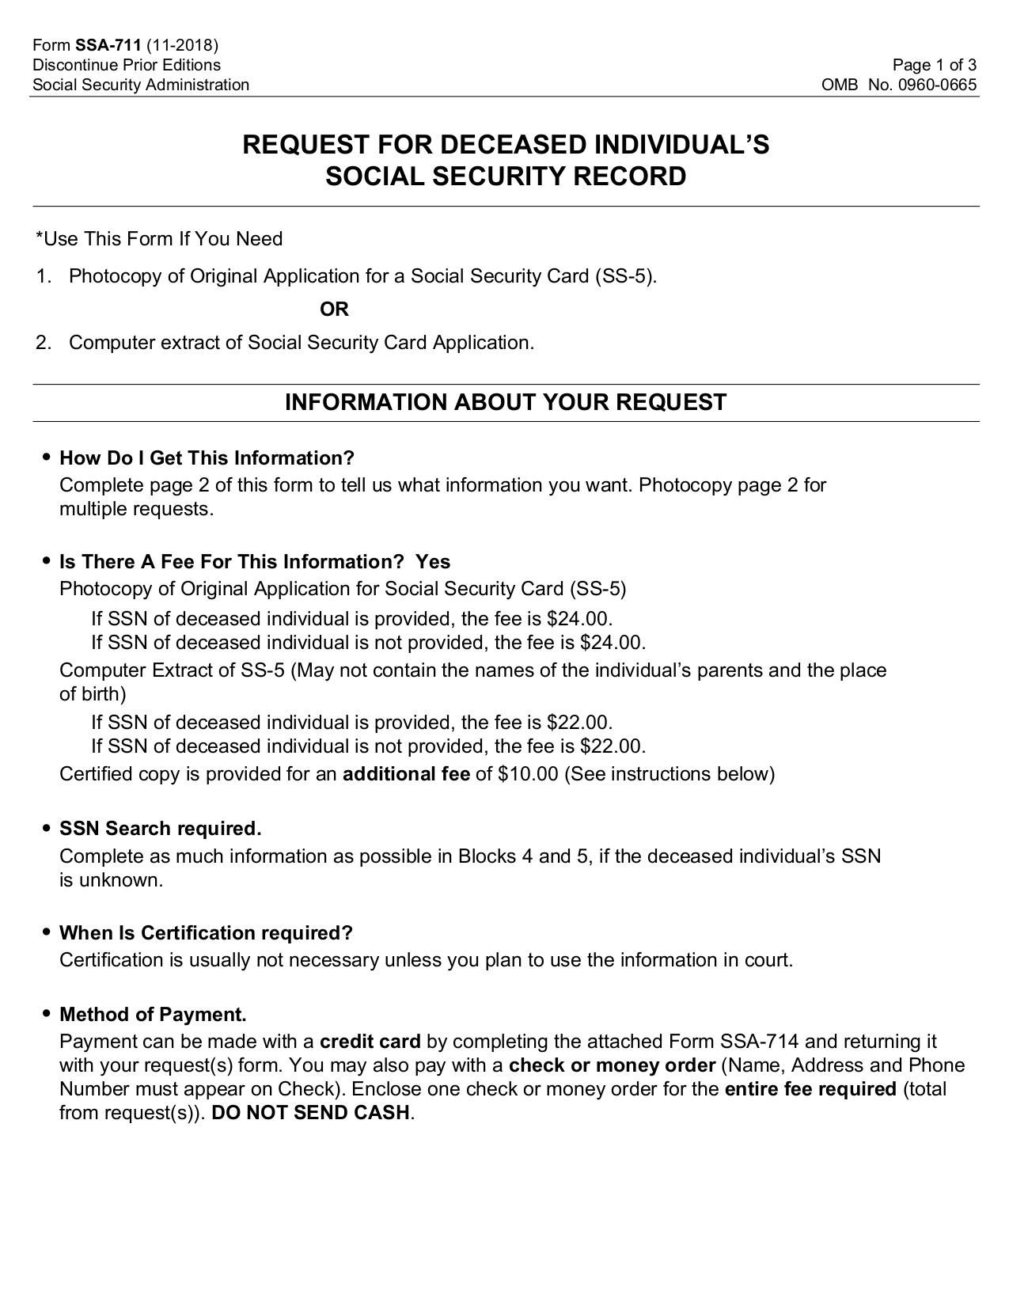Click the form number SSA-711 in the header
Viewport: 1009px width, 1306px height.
click(x=108, y=44)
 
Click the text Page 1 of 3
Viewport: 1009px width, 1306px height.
click(x=934, y=65)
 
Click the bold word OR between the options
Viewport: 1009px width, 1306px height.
click(x=334, y=309)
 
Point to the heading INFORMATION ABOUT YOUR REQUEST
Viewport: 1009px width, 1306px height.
click(x=505, y=402)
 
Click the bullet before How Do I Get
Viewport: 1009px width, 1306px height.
click(x=47, y=457)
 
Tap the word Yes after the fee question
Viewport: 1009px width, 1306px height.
click(x=433, y=562)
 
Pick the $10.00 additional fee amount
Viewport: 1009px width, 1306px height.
click(x=528, y=774)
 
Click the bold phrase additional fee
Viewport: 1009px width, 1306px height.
click(x=406, y=774)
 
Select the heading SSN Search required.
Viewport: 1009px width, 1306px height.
click(x=160, y=829)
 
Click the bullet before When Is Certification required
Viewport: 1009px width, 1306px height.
click(x=47, y=932)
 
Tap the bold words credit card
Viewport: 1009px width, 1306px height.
click(x=370, y=1042)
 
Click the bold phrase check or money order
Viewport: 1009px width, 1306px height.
click(x=612, y=1065)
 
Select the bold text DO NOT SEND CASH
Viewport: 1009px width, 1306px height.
click(x=310, y=1113)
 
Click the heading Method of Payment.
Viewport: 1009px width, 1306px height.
click(x=153, y=1015)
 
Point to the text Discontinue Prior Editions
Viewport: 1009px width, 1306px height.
click(x=127, y=65)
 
